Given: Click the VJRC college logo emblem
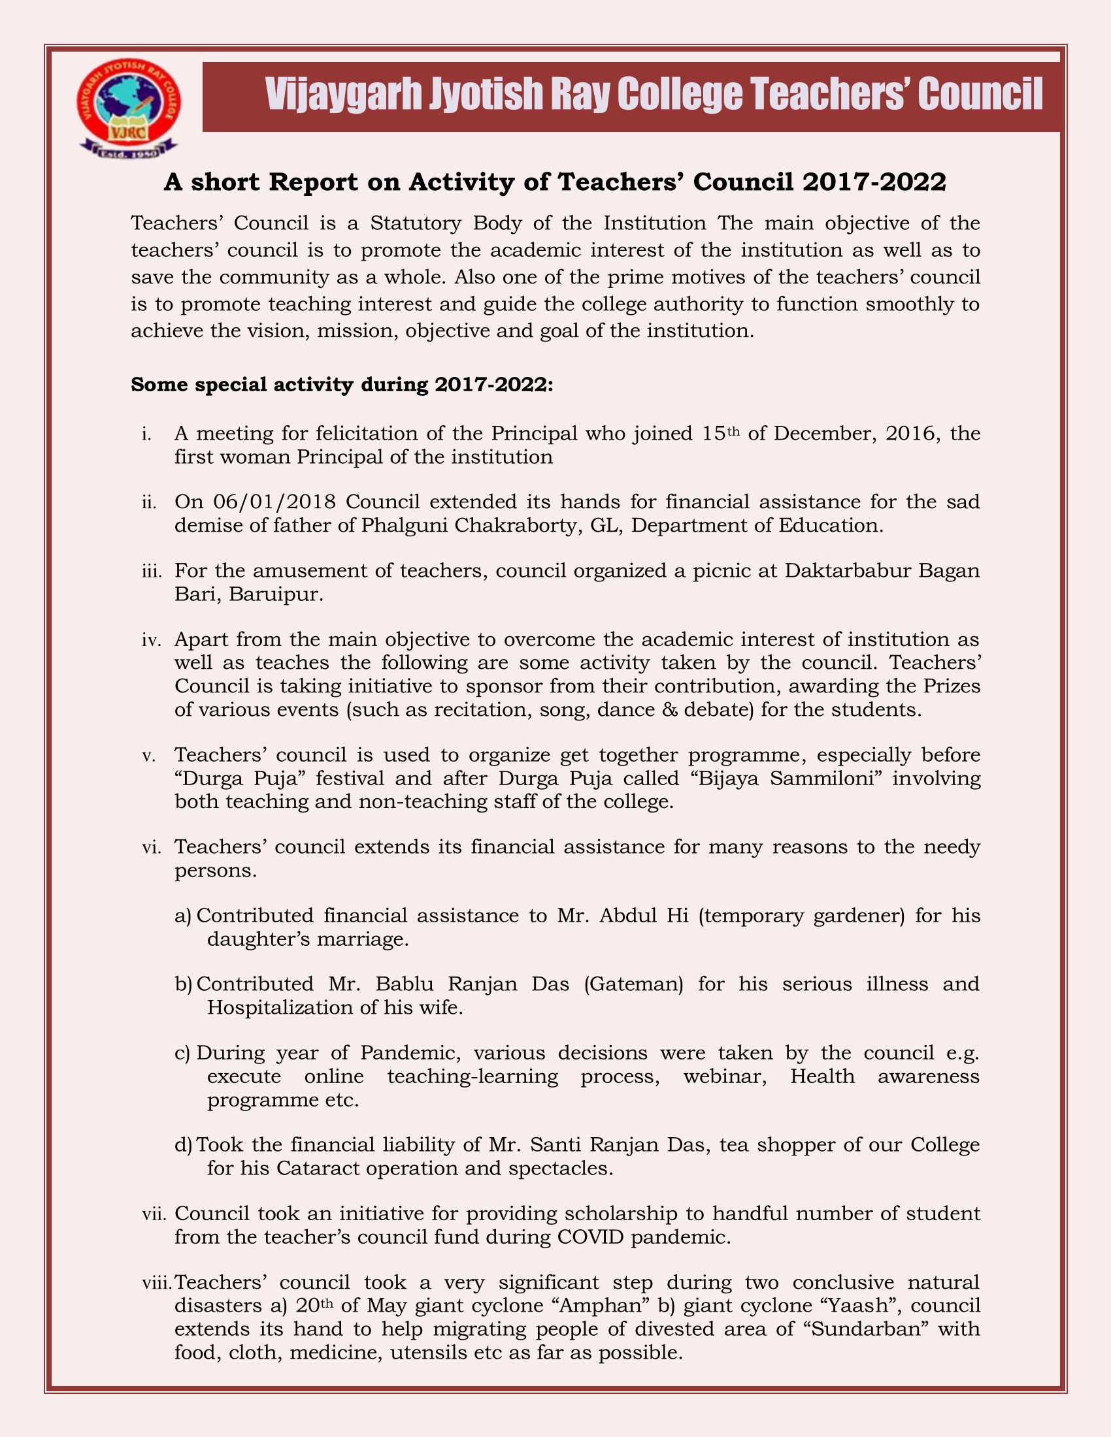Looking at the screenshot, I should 127,109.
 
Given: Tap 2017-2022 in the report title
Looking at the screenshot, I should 873,182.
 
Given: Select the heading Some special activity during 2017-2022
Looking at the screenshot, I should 342,384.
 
